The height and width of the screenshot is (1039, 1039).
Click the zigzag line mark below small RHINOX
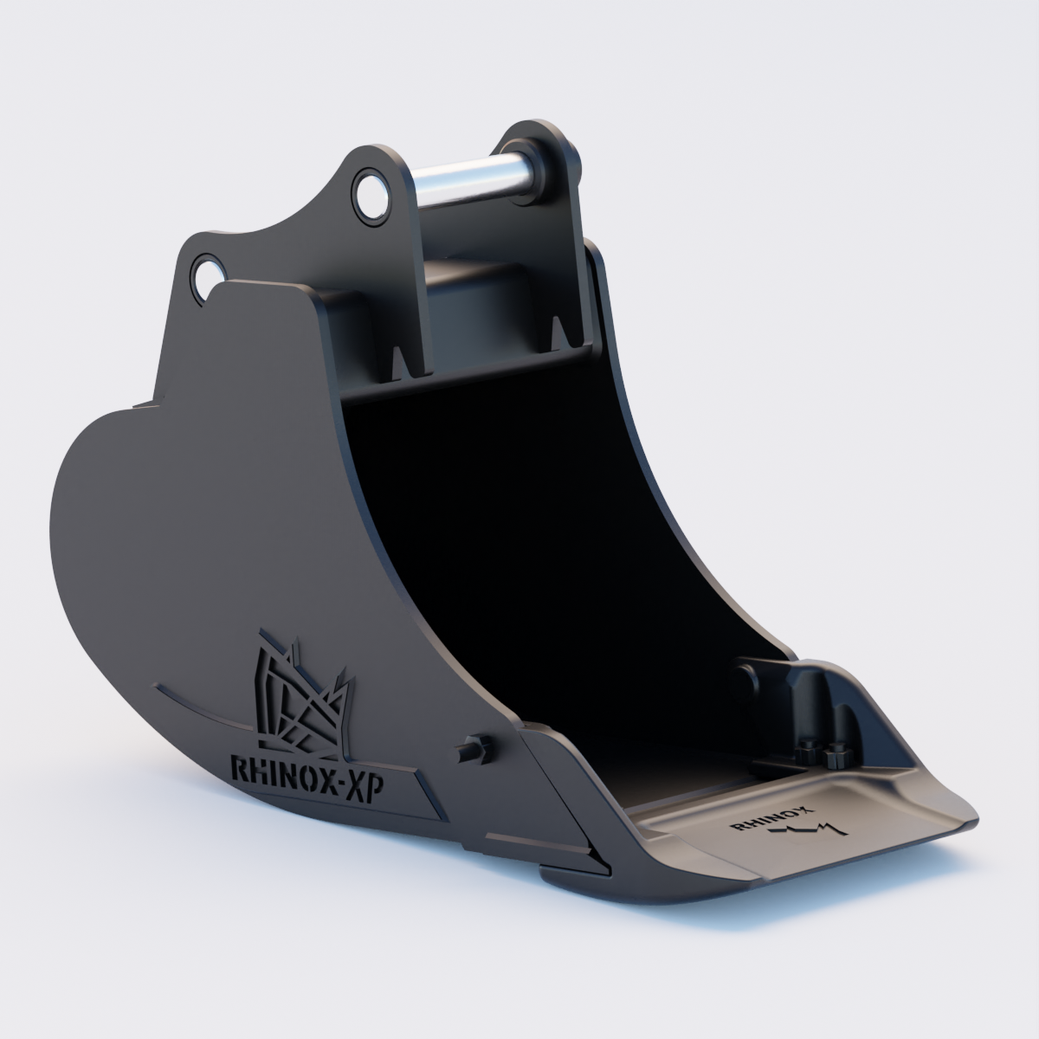click(806, 831)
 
